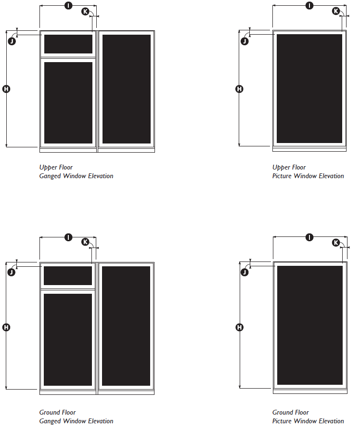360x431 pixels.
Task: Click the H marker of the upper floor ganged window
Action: pos(6,89)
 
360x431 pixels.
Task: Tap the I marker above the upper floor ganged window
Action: pos(68,5)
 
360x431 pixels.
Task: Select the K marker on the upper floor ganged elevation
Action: pos(86,11)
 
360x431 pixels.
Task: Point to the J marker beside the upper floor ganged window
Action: pos(12,41)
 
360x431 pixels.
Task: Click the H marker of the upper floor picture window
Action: pos(239,89)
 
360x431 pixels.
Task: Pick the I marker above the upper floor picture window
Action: pos(309,5)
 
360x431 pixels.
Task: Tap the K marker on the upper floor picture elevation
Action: pos(336,11)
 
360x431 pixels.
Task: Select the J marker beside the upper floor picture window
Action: pos(244,41)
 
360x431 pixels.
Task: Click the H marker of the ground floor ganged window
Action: pos(6,327)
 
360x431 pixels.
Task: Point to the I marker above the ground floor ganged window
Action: pos(68,237)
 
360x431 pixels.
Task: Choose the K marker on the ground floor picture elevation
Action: pos(336,242)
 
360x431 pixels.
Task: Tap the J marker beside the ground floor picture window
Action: pos(244,273)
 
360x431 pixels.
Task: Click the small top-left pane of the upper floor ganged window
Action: pos(68,44)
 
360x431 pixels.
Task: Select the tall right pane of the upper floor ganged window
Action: pos(127,89)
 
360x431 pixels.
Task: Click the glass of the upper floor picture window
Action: pos(309,89)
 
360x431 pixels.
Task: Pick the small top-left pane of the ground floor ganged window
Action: pos(68,275)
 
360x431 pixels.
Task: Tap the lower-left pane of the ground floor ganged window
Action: pos(68,340)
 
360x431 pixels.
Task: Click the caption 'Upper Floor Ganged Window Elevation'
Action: pos(76,172)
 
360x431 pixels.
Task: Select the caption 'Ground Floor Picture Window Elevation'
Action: pos(308,417)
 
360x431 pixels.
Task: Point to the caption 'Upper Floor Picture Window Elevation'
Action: pos(308,172)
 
